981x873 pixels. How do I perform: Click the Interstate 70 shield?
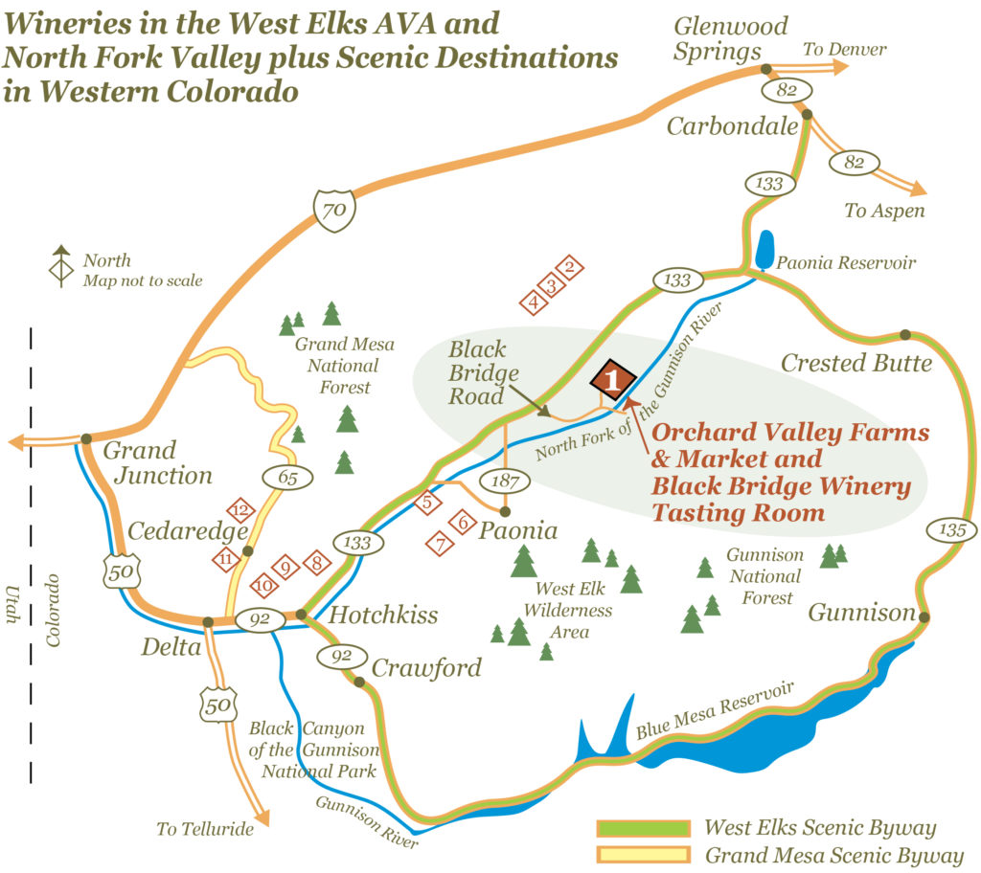pos(334,211)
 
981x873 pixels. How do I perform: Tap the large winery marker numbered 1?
pos(613,379)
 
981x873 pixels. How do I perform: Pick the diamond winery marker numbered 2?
pos(569,268)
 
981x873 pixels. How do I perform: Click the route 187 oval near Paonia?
pos(505,481)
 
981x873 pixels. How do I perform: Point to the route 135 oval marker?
pos(952,529)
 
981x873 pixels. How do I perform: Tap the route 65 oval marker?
pos(287,478)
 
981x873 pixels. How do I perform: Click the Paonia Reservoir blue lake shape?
pos(764,250)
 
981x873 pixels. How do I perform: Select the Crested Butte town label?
pos(856,363)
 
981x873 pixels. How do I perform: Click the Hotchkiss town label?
pos(383,616)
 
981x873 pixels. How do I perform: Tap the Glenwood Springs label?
pos(730,38)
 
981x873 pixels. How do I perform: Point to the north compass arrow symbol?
pos(61,266)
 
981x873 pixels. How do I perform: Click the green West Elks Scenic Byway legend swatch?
pos(643,828)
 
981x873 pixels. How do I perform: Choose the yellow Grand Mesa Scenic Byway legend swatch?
pos(643,854)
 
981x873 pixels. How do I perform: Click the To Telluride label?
pos(205,829)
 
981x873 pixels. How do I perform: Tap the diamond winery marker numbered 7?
pos(441,544)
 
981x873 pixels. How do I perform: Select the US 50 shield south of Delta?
pos(218,705)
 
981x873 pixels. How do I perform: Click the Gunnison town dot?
pos(924,617)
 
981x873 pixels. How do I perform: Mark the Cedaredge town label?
pos(188,531)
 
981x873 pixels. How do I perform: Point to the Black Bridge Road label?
pos(483,372)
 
